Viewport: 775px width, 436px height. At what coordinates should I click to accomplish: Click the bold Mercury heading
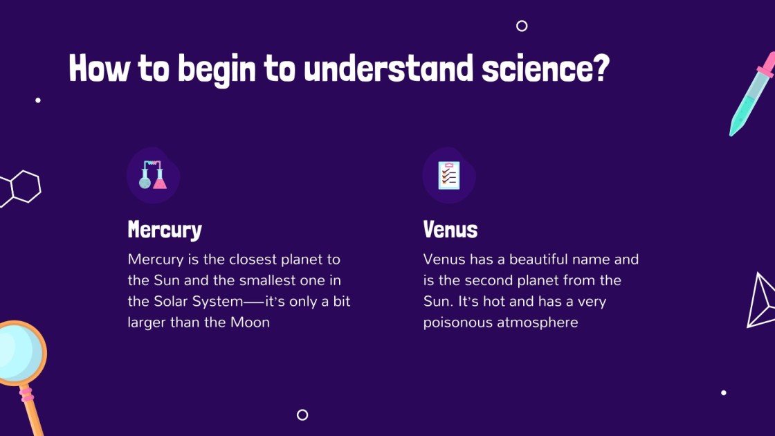pyautogui.click(x=165, y=230)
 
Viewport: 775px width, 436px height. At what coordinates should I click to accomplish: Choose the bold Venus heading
pyautogui.click(x=450, y=230)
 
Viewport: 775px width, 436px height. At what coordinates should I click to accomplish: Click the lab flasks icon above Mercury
pyautogui.click(x=153, y=175)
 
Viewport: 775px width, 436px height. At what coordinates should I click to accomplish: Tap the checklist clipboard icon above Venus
pyautogui.click(x=448, y=175)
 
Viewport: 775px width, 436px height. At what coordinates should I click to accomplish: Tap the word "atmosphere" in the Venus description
pyautogui.click(x=538, y=323)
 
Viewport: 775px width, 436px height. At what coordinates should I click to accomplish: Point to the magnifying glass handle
pyautogui.click(x=32, y=412)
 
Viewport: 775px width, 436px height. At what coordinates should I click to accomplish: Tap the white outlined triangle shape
pyautogui.click(x=760, y=300)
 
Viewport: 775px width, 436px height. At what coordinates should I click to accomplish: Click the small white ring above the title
pyautogui.click(x=522, y=26)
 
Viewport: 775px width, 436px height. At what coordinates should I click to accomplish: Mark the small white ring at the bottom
pyautogui.click(x=302, y=415)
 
